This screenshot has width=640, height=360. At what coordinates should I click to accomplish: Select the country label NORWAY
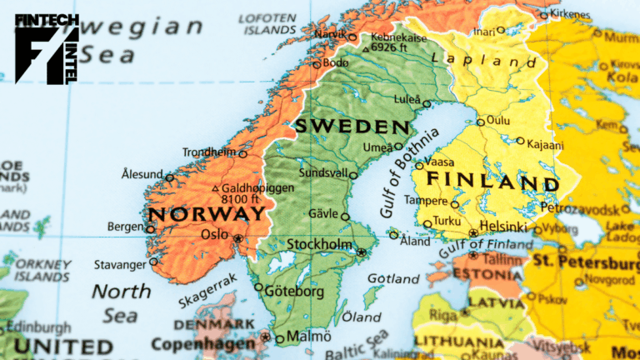(x=207, y=213)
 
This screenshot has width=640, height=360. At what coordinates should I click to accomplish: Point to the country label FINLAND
(x=492, y=181)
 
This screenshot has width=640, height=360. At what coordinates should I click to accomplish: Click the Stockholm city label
(x=319, y=245)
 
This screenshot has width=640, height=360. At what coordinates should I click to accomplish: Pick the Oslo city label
(x=215, y=235)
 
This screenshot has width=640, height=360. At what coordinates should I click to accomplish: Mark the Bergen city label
(x=125, y=227)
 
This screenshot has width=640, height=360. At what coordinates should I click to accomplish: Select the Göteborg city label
(x=296, y=292)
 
